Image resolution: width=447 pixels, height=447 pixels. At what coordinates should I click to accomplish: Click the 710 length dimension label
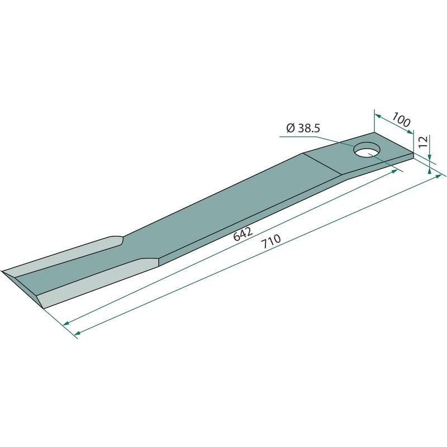click(271, 242)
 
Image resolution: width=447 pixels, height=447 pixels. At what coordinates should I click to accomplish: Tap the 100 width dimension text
click(401, 120)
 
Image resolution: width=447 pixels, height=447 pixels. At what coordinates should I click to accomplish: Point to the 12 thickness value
click(424, 142)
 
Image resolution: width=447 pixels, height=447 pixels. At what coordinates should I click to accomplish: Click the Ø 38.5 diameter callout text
click(303, 129)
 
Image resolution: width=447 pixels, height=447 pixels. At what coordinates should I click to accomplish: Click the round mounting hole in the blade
click(367, 150)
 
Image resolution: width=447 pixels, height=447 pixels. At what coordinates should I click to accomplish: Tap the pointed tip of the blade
click(2, 271)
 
